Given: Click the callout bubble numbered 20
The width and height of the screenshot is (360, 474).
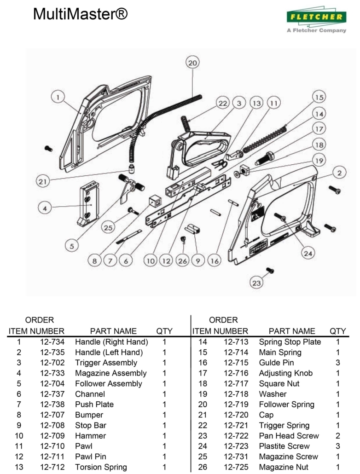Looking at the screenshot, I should click(192, 63).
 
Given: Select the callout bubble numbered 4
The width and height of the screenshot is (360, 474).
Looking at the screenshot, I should click(45, 208).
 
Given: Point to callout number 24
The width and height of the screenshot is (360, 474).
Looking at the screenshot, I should click(308, 252).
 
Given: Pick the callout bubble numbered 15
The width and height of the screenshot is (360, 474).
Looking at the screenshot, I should click(319, 97).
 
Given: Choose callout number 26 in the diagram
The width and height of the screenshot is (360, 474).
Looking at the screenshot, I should click(183, 261).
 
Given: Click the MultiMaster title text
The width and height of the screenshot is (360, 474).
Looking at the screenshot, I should click(80, 15).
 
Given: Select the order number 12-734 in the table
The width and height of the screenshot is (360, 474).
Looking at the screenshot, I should click(52, 342).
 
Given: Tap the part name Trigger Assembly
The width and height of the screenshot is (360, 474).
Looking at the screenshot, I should click(106, 363).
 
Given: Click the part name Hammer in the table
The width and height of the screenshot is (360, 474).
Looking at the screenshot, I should click(91, 436).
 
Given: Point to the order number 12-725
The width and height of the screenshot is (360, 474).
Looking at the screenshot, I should click(236, 467).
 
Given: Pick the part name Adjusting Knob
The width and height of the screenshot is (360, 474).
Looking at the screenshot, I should click(285, 373).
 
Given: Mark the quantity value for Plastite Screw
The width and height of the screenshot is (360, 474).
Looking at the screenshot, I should click(337, 446).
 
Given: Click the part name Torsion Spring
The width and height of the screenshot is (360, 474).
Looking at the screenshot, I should click(101, 467).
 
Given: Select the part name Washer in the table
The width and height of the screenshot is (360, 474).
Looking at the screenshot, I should click(273, 394).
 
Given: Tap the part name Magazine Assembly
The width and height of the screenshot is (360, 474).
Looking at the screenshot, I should click(111, 373).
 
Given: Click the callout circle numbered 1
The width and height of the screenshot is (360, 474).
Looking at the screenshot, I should click(58, 98).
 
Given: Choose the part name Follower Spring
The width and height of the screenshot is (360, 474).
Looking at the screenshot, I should click(287, 405).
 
